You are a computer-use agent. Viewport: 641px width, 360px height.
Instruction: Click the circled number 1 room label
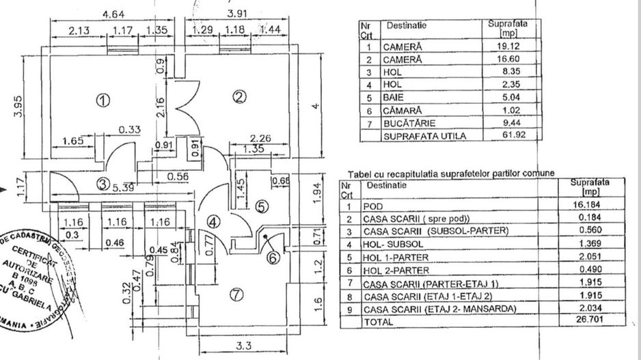click(103, 101)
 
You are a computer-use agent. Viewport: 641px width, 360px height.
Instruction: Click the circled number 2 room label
click(238, 98)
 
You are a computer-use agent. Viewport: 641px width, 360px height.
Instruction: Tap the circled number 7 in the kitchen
click(236, 295)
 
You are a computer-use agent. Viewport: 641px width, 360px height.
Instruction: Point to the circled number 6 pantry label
click(271, 258)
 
